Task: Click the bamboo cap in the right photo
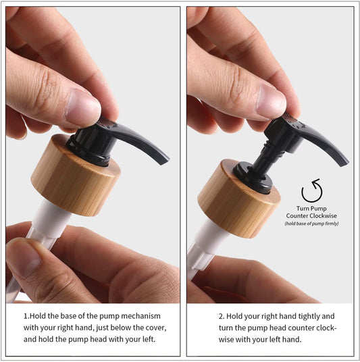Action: [x=238, y=203]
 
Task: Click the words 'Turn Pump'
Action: [x=311, y=208]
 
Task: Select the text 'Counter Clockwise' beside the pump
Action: [x=311, y=215]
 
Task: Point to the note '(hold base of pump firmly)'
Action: [x=311, y=224]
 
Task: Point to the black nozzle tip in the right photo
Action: [x=343, y=161]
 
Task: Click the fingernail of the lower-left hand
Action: [x=22, y=257]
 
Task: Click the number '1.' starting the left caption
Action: [x=27, y=316]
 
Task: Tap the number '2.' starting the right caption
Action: [x=222, y=316]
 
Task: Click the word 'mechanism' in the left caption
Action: [x=147, y=316]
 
